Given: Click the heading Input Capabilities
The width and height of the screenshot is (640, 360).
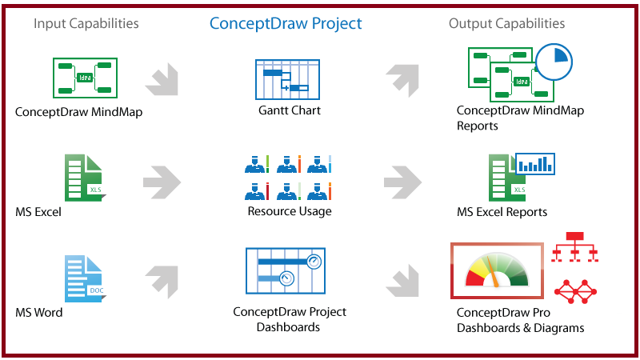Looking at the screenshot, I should (86, 23).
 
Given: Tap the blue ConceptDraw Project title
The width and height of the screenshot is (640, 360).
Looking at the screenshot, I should (286, 23).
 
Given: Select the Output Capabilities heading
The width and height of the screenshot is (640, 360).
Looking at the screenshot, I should (506, 23).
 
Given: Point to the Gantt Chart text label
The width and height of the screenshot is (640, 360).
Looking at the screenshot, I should (289, 110).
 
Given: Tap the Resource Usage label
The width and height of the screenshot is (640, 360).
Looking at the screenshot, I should (289, 211).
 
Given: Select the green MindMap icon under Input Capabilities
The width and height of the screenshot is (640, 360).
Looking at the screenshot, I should (85, 78).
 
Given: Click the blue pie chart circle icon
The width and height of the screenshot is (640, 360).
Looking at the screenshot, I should (551, 62).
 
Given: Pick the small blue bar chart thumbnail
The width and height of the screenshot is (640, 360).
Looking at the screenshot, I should (535, 164).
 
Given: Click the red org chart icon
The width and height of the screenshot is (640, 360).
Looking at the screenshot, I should (575, 247).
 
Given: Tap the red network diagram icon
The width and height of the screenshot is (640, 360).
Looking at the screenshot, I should (576, 291).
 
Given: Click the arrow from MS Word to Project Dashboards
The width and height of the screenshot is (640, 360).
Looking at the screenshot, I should (164, 280).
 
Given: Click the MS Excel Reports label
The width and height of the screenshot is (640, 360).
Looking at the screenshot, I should (502, 212).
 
